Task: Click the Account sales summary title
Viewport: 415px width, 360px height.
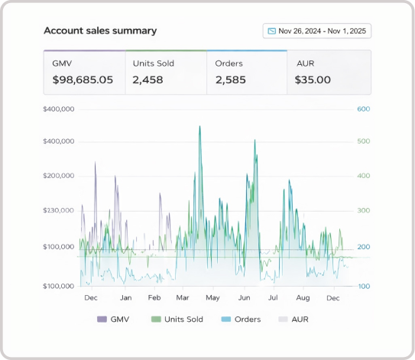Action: [x=100, y=31]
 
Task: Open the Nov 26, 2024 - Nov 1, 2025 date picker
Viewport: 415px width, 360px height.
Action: [x=317, y=31]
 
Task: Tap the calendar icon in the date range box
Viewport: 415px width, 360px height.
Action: [x=271, y=31]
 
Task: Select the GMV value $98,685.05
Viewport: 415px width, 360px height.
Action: [x=83, y=79]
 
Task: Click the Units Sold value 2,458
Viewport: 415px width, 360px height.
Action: [x=148, y=79]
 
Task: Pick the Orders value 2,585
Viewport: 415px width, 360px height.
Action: [x=231, y=79]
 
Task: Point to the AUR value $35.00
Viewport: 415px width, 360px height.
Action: [x=313, y=79]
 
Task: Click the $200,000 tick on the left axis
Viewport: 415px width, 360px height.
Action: [x=59, y=176]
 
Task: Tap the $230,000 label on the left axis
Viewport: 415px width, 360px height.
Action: [x=59, y=210]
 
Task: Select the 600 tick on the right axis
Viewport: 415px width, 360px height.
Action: [x=363, y=109]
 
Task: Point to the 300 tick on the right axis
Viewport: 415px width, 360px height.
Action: [x=363, y=210]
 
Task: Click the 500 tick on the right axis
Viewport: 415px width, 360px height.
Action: [x=363, y=141]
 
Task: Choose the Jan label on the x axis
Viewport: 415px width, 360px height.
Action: [x=125, y=298]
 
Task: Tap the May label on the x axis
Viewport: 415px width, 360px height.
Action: [x=212, y=298]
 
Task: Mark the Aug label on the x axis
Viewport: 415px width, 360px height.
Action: [x=303, y=298]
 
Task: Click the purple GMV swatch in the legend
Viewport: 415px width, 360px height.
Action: [x=102, y=319]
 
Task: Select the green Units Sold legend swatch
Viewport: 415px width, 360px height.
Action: [x=156, y=319]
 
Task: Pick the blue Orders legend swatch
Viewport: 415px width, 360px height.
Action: [x=226, y=319]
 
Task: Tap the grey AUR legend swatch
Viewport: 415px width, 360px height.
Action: [x=283, y=319]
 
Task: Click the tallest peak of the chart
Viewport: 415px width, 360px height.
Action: [x=199, y=126]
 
